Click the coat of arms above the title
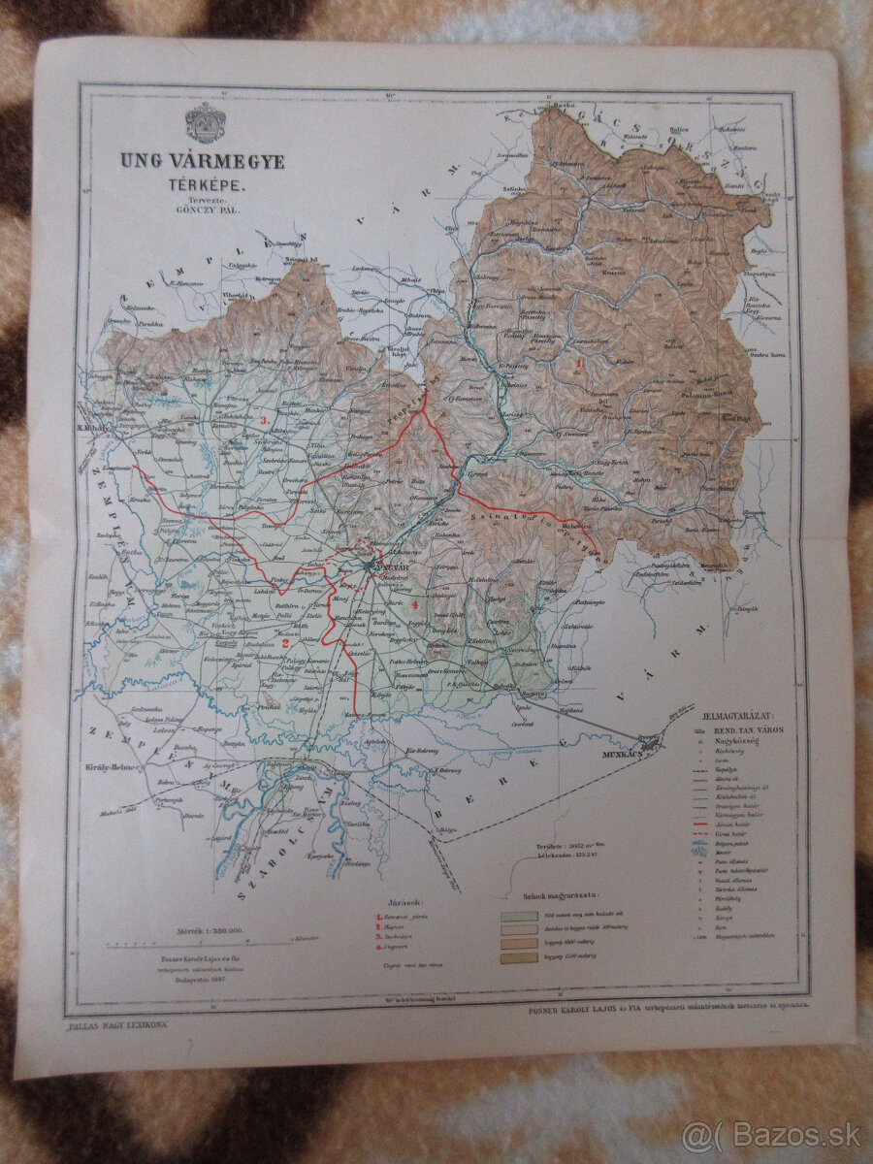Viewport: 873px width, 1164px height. point(205,123)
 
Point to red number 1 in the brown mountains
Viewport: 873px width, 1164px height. point(579,363)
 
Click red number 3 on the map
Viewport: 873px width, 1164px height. point(265,420)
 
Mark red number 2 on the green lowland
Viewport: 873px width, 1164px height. point(286,642)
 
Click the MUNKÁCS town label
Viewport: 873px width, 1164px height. point(631,752)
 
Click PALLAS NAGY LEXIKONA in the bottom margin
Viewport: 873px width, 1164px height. point(114,1023)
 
